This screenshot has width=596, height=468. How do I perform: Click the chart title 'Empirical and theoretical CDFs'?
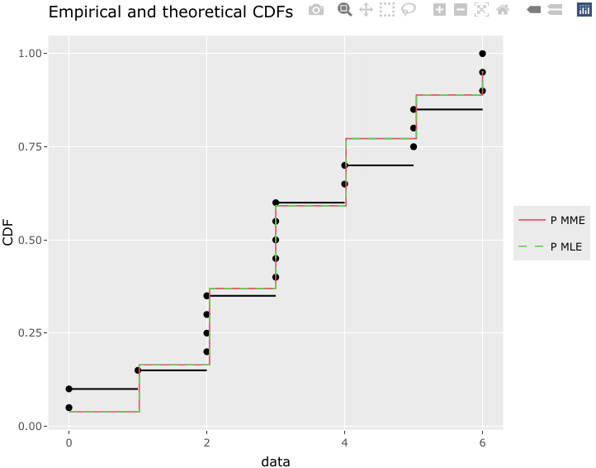point(171,12)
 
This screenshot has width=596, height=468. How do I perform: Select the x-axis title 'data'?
point(275,461)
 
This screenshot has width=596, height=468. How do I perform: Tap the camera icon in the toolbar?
point(315,10)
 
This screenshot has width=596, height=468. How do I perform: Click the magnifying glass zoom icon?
point(344,10)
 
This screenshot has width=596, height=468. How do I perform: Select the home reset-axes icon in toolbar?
point(502,10)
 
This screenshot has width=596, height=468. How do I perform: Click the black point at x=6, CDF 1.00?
point(482,54)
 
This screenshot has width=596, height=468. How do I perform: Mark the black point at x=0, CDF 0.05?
point(69,408)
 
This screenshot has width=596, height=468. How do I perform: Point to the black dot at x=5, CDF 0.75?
point(414,147)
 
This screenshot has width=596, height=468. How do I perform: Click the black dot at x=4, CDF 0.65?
point(344,184)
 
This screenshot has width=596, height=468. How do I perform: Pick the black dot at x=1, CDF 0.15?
point(138,370)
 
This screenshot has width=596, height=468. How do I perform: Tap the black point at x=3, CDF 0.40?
point(276,277)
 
